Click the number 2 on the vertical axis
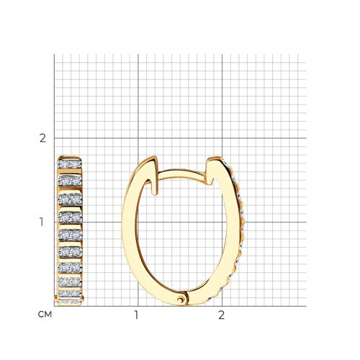[42, 138]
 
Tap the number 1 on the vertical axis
[42, 222]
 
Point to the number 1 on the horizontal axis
[136, 315]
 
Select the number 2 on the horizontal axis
[221, 315]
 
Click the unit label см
[45, 315]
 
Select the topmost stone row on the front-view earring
[70, 164]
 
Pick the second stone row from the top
[70, 181]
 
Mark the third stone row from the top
[70, 199]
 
